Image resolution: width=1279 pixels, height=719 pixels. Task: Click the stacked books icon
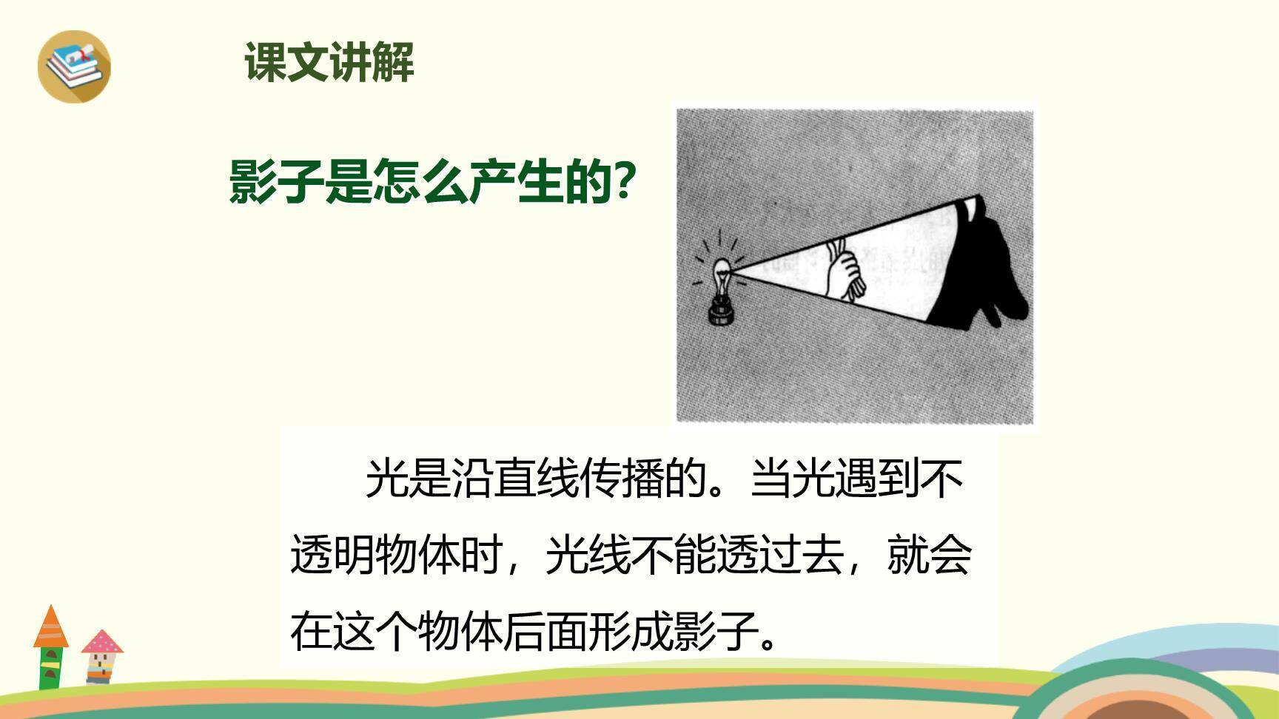tap(74, 65)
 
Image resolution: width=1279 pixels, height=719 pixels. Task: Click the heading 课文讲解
tap(329, 62)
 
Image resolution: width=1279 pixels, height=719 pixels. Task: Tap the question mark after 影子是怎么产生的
tap(625, 182)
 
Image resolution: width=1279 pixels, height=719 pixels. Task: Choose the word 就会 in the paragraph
tap(929, 555)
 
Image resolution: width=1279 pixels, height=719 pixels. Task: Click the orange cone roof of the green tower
tap(50, 627)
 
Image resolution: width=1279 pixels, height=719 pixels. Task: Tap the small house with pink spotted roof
tap(101, 655)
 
